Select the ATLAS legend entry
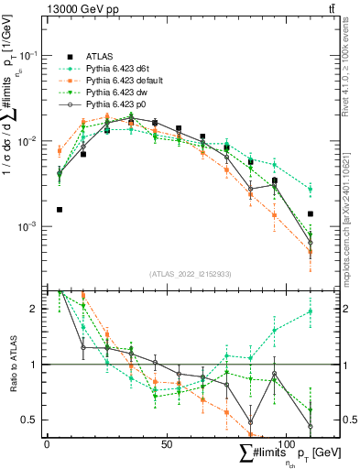99,56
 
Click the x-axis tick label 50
167,443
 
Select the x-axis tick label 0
47,443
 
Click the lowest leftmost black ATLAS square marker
60,210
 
